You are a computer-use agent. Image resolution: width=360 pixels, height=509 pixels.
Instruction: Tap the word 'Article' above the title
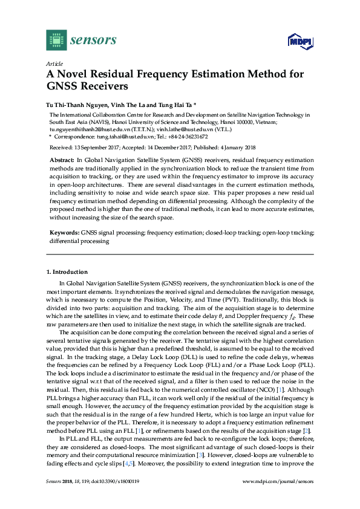click(54, 63)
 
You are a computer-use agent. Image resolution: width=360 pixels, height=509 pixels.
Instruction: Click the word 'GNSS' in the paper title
click(65, 86)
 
